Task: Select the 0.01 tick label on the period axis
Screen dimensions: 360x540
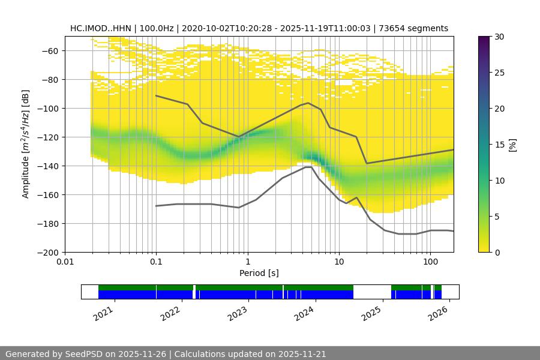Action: (65, 262)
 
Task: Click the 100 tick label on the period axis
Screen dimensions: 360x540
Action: (430, 262)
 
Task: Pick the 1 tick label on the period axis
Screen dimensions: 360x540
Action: (247, 262)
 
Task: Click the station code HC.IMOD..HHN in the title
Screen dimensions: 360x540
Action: (100, 28)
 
